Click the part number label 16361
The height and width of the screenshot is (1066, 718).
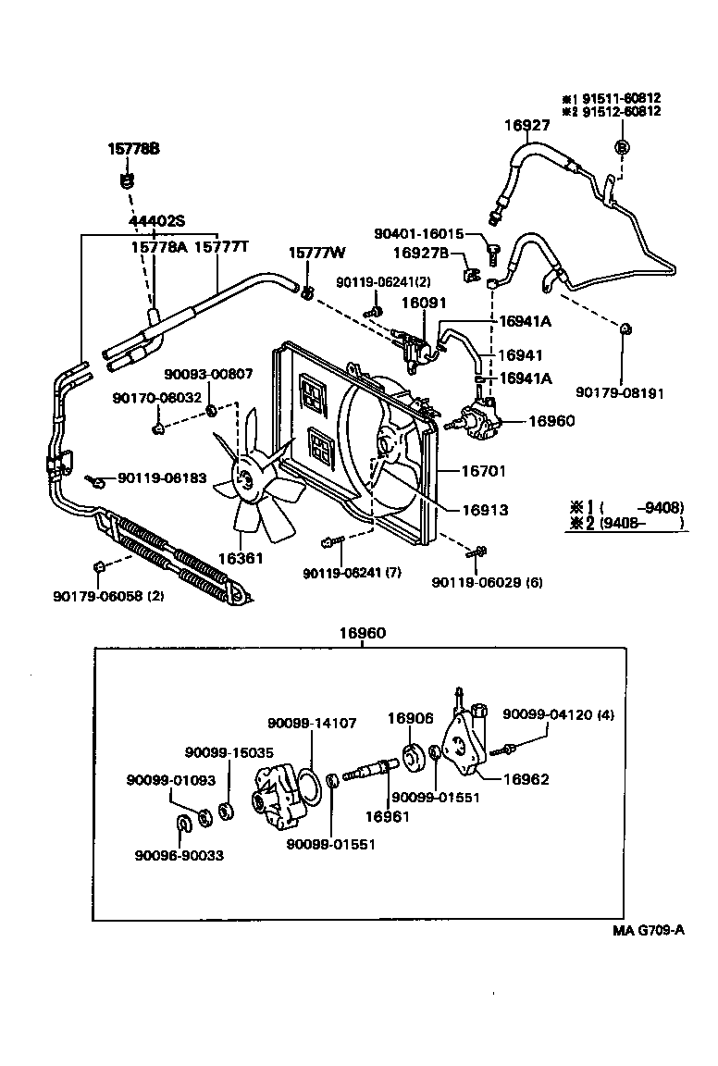240,559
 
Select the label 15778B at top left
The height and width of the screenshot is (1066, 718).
133,148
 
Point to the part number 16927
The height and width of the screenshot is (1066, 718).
527,126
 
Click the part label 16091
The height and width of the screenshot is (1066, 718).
424,302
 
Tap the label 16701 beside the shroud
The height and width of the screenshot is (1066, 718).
484,471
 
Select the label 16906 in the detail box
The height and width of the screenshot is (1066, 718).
410,718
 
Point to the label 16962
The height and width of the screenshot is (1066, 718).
526,779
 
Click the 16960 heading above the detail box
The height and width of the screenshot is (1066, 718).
362,633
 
